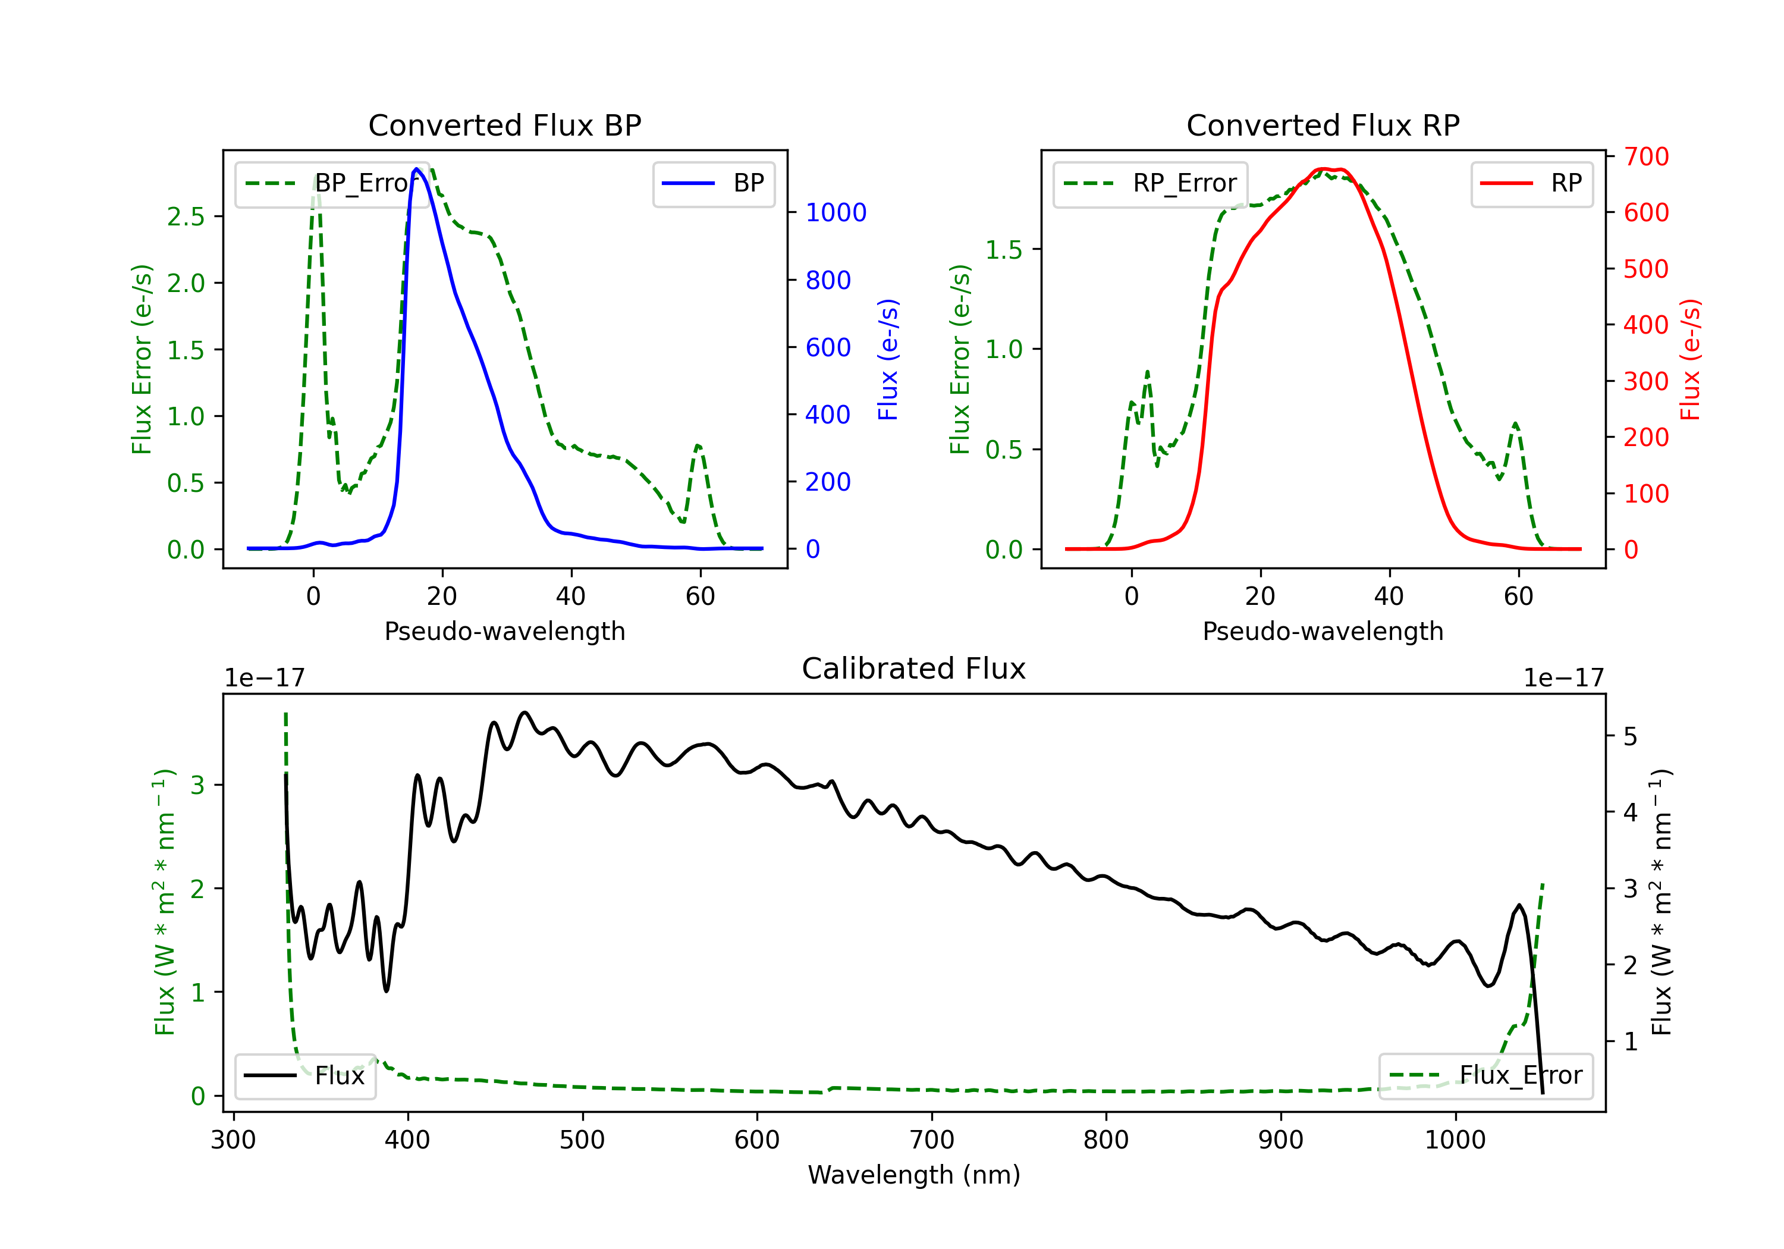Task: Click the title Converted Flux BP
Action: pyautogui.click(x=505, y=125)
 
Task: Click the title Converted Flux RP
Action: pyautogui.click(x=1323, y=125)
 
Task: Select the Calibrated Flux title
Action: pyautogui.click(x=914, y=669)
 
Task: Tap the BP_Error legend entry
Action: pyautogui.click(x=332, y=183)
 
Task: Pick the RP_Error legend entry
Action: pyautogui.click(x=1150, y=183)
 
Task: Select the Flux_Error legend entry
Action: pyautogui.click(x=1485, y=1076)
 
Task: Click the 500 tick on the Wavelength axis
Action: pyautogui.click(x=582, y=1140)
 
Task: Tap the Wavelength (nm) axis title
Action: pyautogui.click(x=914, y=1175)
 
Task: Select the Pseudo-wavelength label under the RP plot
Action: pyautogui.click(x=1323, y=631)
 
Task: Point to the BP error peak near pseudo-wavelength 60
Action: pyautogui.click(x=698, y=445)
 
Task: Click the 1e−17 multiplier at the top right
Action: pyautogui.click(x=1563, y=678)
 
